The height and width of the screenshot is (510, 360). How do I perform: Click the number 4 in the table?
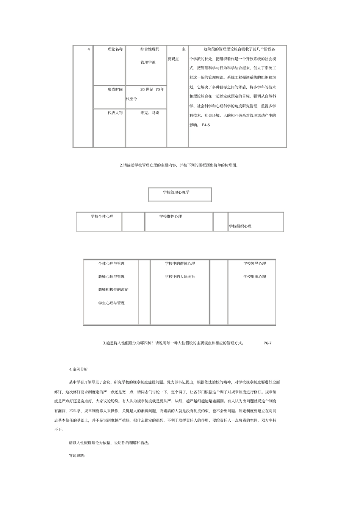89,49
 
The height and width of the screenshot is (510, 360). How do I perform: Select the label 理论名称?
115,49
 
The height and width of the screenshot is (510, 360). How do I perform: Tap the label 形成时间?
115,89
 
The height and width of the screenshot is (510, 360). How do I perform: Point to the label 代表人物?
115,113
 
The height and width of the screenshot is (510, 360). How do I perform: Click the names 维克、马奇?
150,113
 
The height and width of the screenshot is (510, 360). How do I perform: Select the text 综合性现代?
152,49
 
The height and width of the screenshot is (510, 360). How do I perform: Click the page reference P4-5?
206,125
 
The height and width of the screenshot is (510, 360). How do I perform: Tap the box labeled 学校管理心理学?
176,192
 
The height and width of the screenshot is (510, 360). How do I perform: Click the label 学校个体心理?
102,216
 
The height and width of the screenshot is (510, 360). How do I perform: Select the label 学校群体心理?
171,216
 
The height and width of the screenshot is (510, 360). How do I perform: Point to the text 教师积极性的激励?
113,290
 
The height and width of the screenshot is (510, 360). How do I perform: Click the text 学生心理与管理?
111,303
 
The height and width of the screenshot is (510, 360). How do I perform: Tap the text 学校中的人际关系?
180,277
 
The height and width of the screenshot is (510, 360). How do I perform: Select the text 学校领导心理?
254,264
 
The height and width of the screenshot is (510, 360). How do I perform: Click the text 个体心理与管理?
111,264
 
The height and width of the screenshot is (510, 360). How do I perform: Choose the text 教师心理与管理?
111,277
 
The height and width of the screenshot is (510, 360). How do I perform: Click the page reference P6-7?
268,343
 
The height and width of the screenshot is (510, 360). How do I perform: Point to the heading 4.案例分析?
78,369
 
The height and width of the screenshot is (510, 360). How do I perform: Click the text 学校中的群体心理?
180,264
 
